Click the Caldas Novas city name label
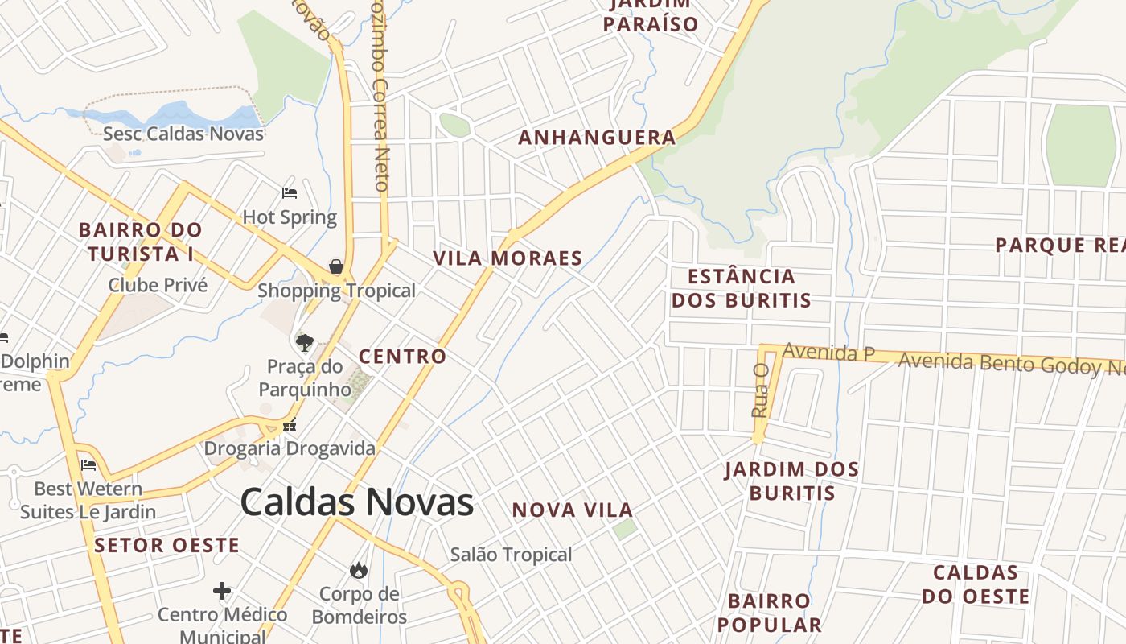[x=356, y=502]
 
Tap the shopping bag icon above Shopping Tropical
[x=336, y=266]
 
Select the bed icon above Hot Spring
[x=290, y=193]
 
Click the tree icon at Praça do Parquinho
[x=304, y=343]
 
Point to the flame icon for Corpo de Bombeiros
[x=358, y=570]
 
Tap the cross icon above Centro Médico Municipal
[x=222, y=592]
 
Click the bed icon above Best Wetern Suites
[x=88, y=465]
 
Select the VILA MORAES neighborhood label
[x=508, y=258]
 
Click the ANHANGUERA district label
[x=597, y=138]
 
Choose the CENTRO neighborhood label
[x=402, y=357]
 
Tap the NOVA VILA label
[x=573, y=510]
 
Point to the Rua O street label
[x=760, y=390]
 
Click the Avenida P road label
[x=828, y=352]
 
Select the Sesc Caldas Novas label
[x=183, y=134]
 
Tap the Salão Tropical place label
[x=511, y=555]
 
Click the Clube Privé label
[x=158, y=285]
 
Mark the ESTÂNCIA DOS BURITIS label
[x=742, y=288]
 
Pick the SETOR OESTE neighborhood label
[x=166, y=545]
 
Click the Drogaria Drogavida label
[x=290, y=448]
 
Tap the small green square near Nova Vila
[x=624, y=529]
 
